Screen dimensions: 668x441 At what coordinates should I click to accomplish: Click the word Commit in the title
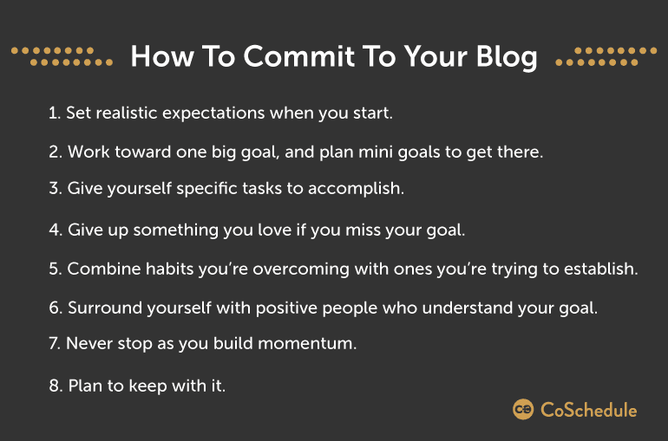[299, 56]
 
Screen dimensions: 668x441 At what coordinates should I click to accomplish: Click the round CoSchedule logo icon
[523, 410]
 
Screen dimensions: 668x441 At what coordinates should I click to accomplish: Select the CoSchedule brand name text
[589, 410]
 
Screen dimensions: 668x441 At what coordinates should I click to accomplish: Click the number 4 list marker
[56, 230]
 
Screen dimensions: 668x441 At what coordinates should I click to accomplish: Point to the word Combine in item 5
[104, 269]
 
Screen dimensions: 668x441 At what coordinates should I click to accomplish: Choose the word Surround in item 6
[105, 308]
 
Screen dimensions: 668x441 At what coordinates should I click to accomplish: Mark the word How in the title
[162, 56]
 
